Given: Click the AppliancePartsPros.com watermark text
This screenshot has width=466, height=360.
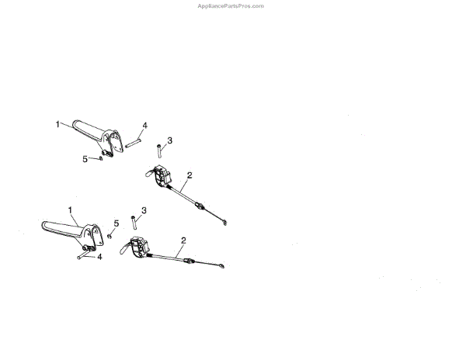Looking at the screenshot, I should pos(232,5).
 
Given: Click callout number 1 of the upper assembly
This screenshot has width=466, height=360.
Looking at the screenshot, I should pos(57,123).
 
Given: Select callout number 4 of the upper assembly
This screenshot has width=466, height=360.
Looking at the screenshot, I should pos(144,125).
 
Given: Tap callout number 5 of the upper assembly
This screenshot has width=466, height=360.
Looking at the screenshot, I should pos(85,158).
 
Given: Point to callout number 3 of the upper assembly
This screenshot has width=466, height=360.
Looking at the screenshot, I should pos(170,140).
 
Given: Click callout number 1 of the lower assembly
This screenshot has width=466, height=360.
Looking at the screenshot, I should pos(71,209).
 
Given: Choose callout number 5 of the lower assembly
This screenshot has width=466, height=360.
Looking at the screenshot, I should pos(116,223).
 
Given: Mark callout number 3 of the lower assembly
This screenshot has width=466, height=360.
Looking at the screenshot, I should pos(144,210).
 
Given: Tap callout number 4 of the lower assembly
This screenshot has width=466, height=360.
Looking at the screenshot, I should pos(98,257).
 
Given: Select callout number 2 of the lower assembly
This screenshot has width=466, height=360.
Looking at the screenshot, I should pos(183,240).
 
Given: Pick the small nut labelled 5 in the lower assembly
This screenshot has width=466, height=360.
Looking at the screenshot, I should pos(110,235).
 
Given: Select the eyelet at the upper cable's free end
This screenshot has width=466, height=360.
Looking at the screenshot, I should pos(225,223).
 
